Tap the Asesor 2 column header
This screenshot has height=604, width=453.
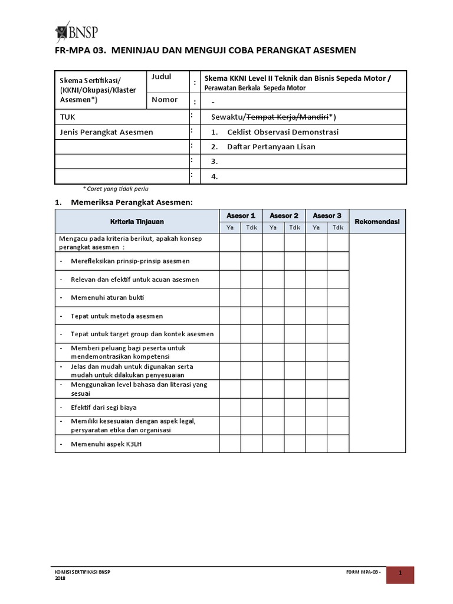click(284, 216)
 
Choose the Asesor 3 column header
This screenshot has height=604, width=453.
click(327, 216)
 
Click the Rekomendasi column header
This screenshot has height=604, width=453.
click(377, 222)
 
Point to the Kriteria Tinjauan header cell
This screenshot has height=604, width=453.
click(137, 222)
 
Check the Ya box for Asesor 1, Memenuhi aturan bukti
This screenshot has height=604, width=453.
click(230, 298)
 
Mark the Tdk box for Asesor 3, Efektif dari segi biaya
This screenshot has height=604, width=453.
click(338, 407)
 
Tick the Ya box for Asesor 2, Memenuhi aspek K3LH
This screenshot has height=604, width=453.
click(274, 444)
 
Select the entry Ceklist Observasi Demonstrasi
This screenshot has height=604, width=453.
click(283, 132)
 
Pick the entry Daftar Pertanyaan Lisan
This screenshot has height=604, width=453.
click(271, 147)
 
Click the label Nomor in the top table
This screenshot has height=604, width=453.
click(165, 100)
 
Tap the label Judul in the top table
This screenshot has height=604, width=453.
click(162, 77)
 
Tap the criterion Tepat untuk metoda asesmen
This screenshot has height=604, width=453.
click(117, 316)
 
